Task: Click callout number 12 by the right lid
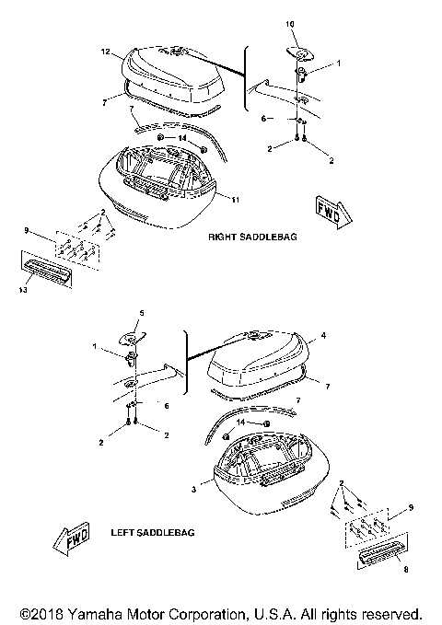[x=105, y=51]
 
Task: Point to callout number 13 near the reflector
[x=21, y=288]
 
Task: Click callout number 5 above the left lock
[x=141, y=314]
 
